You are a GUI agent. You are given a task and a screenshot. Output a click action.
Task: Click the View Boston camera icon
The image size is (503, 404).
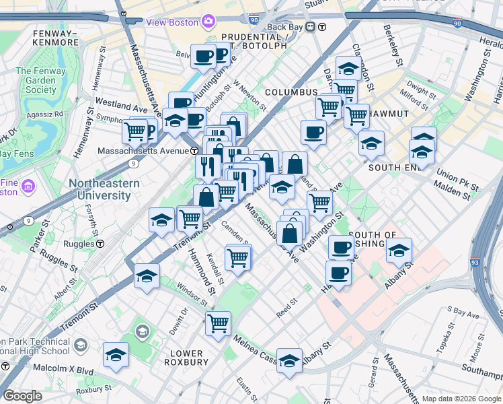209,22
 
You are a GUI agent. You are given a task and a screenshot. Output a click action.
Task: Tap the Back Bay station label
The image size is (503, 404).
285,27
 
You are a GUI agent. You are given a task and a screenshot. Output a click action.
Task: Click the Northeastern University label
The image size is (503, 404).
104,189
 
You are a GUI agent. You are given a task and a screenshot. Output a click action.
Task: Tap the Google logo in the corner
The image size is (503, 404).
22,396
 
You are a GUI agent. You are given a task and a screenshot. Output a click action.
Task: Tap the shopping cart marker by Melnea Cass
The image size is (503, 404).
218,322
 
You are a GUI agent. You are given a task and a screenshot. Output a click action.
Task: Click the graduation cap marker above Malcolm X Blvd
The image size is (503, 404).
116,354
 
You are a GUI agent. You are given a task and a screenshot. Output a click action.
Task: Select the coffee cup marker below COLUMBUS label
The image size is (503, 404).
313,131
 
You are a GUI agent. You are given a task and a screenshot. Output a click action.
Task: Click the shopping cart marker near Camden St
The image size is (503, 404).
238,257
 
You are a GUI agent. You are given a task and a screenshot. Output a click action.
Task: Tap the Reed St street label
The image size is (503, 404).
286,310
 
